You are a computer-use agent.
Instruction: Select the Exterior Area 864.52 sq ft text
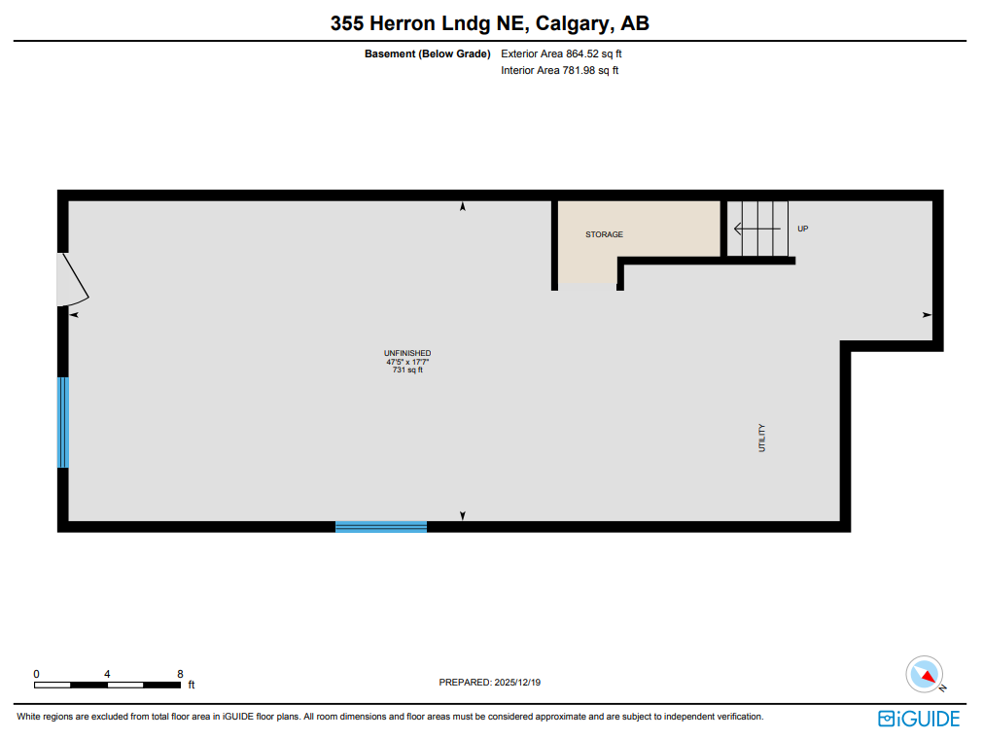click(x=560, y=54)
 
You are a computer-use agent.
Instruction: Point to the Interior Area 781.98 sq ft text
click(x=559, y=71)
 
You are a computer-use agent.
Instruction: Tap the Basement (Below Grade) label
click(x=427, y=54)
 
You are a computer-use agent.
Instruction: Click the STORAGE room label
click(x=604, y=234)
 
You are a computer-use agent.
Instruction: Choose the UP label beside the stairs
click(x=802, y=229)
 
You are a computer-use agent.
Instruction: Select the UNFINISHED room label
click(x=407, y=353)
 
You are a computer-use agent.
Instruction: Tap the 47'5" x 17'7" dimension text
click(x=407, y=362)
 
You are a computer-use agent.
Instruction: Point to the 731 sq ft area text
click(x=407, y=370)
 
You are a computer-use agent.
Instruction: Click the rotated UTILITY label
click(x=762, y=438)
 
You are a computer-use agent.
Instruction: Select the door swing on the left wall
click(x=72, y=280)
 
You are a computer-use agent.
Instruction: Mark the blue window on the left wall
click(x=63, y=422)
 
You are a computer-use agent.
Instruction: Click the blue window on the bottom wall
click(x=381, y=527)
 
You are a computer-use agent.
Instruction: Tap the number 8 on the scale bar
click(x=180, y=674)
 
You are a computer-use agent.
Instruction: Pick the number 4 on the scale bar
click(x=107, y=674)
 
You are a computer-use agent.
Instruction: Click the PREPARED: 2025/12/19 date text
click(x=490, y=683)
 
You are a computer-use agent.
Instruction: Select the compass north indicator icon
click(x=925, y=674)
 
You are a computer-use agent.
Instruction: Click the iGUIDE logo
click(x=918, y=719)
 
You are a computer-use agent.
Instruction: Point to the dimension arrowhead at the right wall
click(x=927, y=315)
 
